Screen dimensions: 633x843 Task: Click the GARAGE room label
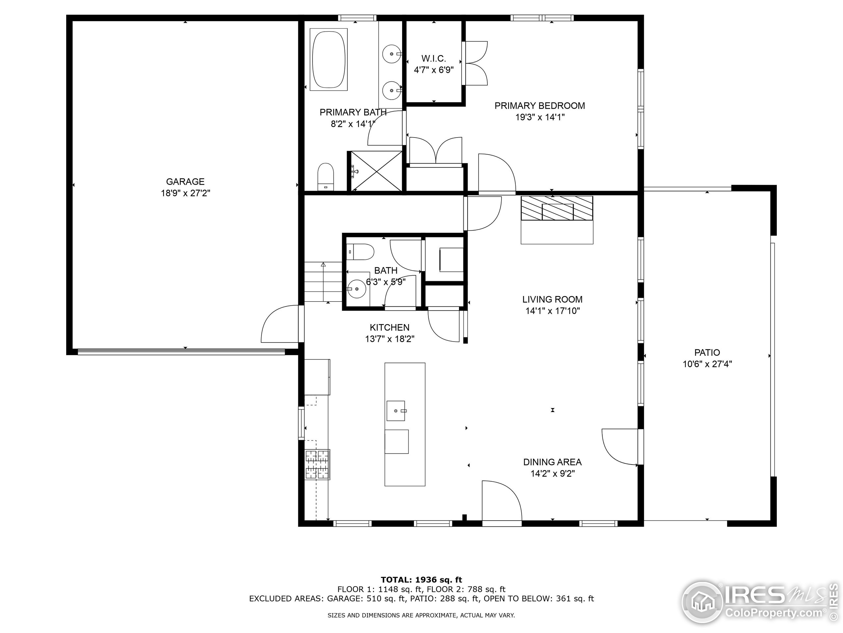(x=185, y=182)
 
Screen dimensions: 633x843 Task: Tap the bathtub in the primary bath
(x=329, y=60)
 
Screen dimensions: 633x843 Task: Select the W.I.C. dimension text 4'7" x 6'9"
(x=434, y=70)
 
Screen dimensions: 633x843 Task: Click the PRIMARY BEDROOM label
(x=539, y=106)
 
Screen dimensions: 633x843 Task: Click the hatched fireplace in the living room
(x=557, y=208)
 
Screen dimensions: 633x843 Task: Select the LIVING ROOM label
(x=552, y=299)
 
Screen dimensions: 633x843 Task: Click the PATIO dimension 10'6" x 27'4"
(x=707, y=364)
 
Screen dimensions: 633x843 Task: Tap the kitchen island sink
(x=395, y=410)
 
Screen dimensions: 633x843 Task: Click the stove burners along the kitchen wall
(x=317, y=464)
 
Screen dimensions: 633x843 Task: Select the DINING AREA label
(x=552, y=462)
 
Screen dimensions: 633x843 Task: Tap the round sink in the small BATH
(x=357, y=289)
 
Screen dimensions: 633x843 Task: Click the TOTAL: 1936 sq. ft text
(x=421, y=580)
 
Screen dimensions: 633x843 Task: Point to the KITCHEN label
(x=390, y=327)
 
